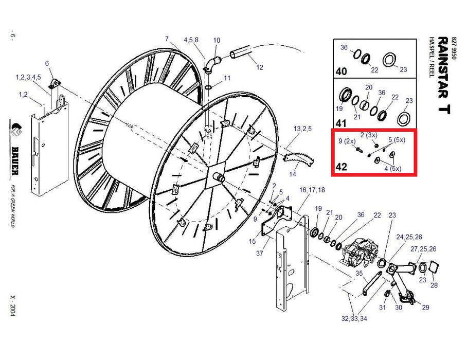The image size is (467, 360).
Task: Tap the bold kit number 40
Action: click(x=342, y=71)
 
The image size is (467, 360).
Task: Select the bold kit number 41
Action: click(x=342, y=123)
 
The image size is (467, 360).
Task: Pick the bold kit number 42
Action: click(x=342, y=167)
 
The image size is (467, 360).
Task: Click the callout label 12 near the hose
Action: click(x=260, y=67)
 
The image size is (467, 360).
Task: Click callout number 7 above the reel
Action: click(x=167, y=39)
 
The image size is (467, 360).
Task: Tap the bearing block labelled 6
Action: click(x=55, y=84)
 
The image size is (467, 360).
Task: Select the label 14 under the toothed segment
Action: click(x=293, y=174)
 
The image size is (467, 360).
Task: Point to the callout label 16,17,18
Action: click(x=312, y=190)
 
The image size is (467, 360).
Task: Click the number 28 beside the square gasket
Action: click(x=434, y=285)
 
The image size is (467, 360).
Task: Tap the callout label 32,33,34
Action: click(x=354, y=319)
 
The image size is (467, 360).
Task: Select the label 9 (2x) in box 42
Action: click(x=347, y=141)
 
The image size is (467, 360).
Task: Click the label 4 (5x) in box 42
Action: click(x=392, y=169)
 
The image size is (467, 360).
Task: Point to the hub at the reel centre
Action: click(x=220, y=177)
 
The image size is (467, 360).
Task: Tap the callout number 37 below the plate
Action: click(x=259, y=253)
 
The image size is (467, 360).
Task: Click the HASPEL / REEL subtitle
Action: click(x=432, y=57)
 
